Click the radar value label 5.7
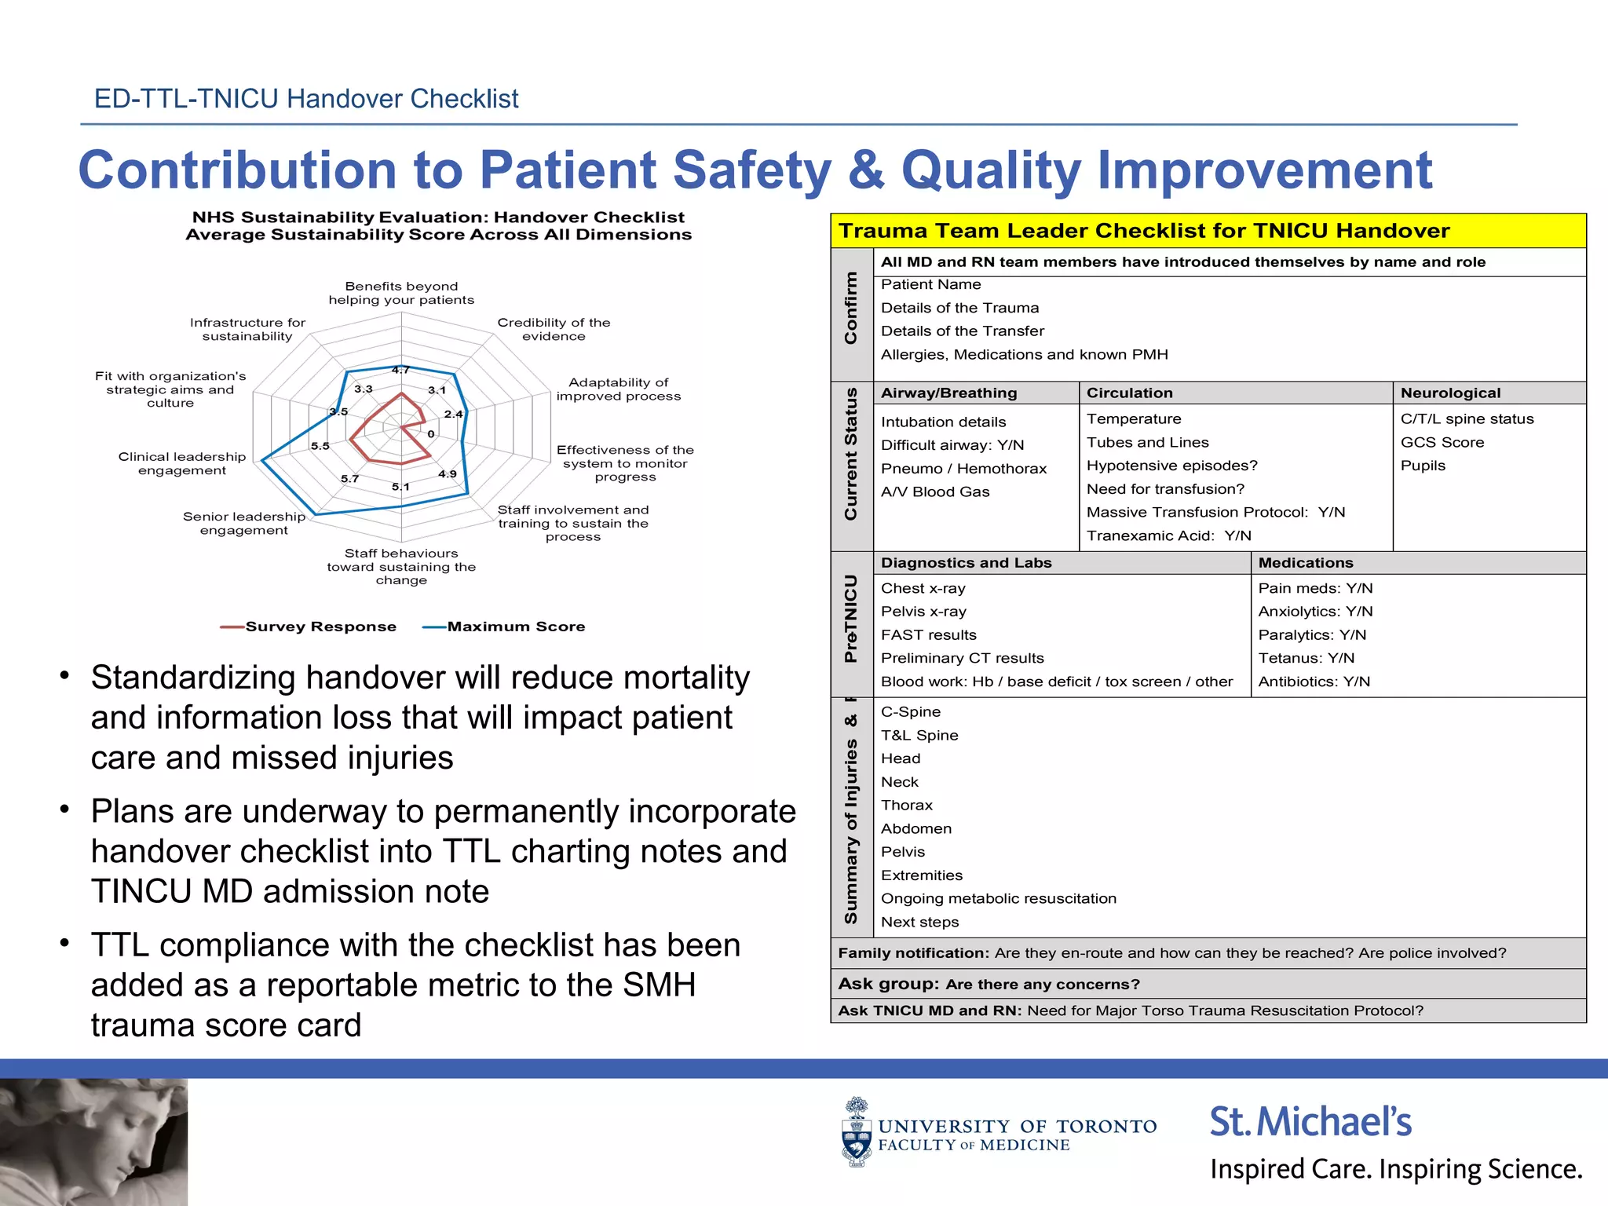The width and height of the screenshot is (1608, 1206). [349, 478]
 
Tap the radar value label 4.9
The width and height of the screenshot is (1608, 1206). [447, 473]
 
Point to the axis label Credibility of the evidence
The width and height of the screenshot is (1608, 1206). [554, 329]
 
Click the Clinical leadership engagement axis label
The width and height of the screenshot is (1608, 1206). [182, 463]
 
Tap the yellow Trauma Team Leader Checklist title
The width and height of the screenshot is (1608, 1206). [1143, 231]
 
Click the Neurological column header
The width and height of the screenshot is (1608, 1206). [1450, 393]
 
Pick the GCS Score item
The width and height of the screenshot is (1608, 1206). [1442, 442]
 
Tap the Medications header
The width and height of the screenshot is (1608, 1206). [1305, 562]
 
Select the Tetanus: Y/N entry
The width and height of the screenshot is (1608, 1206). [1306, 658]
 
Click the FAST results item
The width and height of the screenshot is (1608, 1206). [928, 634]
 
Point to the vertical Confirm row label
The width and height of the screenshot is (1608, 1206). [850, 308]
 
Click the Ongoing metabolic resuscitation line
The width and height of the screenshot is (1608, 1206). [998, 898]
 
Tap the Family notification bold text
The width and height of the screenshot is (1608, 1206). [912, 953]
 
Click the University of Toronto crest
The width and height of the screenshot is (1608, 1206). [856, 1131]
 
